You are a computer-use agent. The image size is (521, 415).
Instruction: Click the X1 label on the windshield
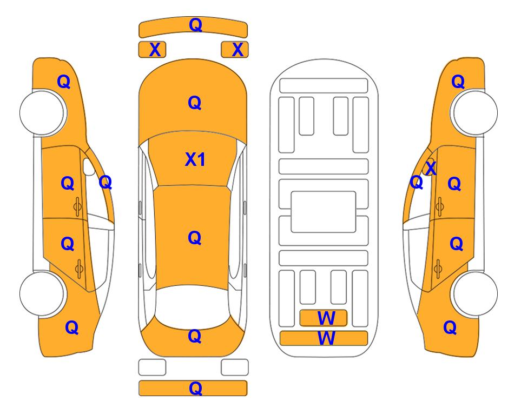pyautogui.click(x=195, y=159)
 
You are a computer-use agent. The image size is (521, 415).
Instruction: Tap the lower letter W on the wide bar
pyautogui.click(x=326, y=338)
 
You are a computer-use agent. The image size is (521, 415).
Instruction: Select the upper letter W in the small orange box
pyautogui.click(x=326, y=318)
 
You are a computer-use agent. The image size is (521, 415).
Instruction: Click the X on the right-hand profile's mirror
pyautogui.click(x=431, y=168)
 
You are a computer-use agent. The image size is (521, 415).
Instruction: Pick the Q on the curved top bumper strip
pyautogui.click(x=195, y=25)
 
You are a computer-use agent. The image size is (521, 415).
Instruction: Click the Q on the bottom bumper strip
pyautogui.click(x=195, y=388)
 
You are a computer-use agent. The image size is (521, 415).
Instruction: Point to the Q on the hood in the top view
pyautogui.click(x=195, y=103)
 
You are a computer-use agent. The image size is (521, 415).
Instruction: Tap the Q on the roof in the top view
pyautogui.click(x=195, y=238)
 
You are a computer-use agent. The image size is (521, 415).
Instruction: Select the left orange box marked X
pyautogui.click(x=152, y=50)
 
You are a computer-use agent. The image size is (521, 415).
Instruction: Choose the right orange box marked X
pyautogui.click(x=235, y=50)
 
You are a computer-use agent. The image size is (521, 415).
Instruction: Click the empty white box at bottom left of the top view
pyautogui.click(x=152, y=367)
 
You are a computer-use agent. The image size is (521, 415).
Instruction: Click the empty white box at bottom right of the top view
pyautogui.click(x=235, y=367)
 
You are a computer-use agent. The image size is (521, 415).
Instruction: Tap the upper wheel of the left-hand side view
pyautogui.click(x=42, y=112)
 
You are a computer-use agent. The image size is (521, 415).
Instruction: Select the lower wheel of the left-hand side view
pyautogui.click(x=42, y=293)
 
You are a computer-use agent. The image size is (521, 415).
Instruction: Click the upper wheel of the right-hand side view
pyautogui.click(x=475, y=112)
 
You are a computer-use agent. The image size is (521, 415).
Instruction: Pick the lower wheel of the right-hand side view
pyautogui.click(x=475, y=293)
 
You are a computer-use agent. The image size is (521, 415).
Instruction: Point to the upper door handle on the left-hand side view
pyautogui.click(x=77, y=206)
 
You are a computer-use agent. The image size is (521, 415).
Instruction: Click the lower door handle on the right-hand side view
pyautogui.click(x=438, y=269)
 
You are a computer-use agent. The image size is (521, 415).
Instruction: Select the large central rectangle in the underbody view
pyautogui.click(x=324, y=212)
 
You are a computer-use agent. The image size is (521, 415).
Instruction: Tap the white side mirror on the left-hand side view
pyautogui.click(x=88, y=167)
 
